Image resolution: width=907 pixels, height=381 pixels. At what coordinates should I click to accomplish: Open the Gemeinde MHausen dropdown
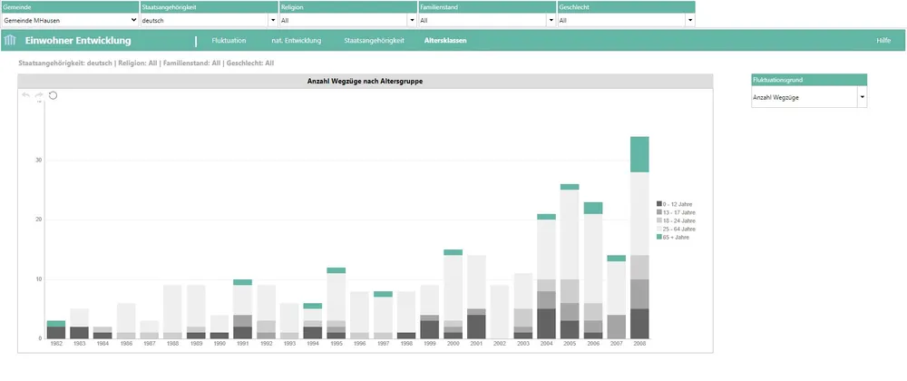[71, 19]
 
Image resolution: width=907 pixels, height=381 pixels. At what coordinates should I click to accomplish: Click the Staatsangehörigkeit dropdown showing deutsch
[209, 19]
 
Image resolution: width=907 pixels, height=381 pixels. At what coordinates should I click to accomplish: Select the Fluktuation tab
[229, 41]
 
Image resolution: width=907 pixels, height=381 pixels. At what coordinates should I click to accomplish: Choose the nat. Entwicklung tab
[297, 41]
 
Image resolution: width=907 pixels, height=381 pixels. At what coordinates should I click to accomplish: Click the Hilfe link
[883, 41]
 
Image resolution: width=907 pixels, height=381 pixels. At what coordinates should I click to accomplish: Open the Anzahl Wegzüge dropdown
[809, 96]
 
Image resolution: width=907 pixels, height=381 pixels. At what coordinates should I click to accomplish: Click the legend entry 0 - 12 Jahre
[679, 204]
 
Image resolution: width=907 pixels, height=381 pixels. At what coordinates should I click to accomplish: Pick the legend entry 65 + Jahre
[679, 237]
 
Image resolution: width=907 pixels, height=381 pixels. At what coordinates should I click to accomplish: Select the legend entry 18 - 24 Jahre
[679, 220]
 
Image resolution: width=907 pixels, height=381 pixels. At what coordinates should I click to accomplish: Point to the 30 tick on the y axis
[38, 160]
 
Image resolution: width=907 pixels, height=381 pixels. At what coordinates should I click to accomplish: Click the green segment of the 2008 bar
[639, 154]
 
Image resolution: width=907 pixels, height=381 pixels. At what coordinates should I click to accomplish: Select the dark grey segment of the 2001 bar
[477, 327]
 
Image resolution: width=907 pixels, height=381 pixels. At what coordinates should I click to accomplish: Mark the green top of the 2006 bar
[593, 208]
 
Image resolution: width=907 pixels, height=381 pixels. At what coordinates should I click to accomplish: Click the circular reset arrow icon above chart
[53, 95]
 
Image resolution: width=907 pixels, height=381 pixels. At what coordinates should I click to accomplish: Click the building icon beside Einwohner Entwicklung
[11, 41]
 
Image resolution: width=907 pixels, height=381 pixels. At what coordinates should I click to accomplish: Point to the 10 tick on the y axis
[38, 279]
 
